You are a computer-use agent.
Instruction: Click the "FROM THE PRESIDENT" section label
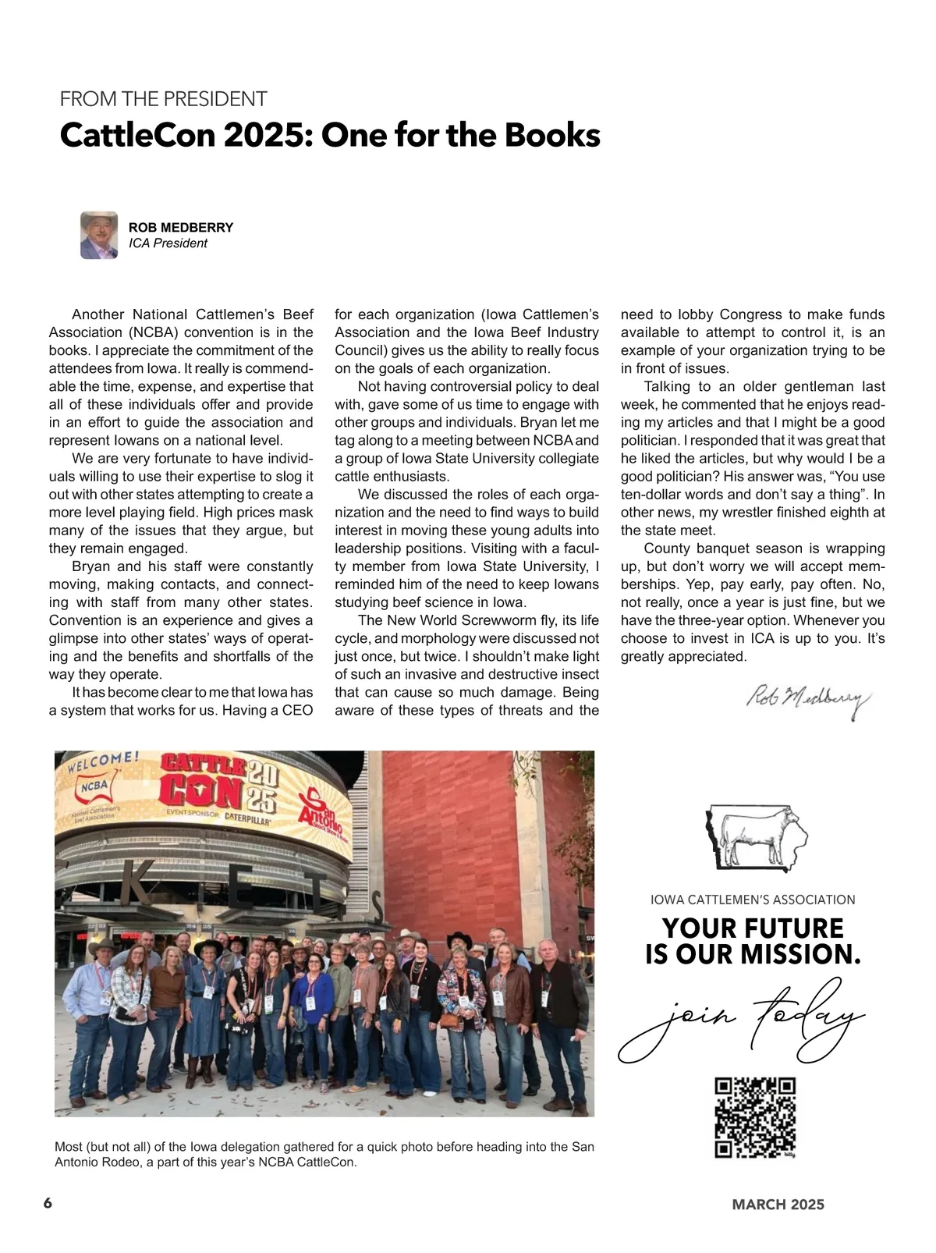click(163, 99)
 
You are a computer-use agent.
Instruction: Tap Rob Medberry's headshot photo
click(99, 235)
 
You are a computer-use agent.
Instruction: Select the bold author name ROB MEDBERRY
click(181, 228)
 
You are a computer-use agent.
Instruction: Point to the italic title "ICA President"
click(168, 243)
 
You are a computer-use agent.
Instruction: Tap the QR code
click(755, 1117)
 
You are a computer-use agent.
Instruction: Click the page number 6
click(48, 1203)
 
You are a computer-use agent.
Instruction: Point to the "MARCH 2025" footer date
click(778, 1205)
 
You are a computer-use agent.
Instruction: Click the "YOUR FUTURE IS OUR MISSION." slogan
click(753, 941)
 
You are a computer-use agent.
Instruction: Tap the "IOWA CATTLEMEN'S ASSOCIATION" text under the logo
click(753, 900)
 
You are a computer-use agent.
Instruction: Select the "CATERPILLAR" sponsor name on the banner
click(247, 821)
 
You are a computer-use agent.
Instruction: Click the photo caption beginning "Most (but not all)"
click(324, 1154)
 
